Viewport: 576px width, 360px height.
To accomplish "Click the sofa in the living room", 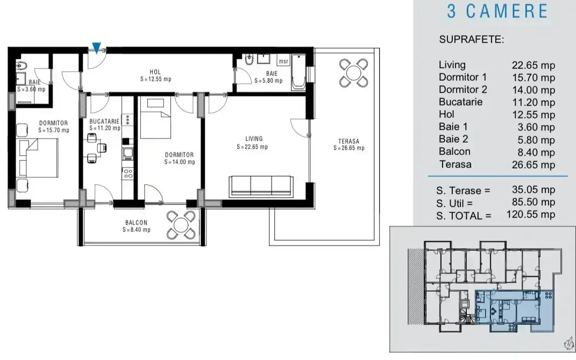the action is (261, 185).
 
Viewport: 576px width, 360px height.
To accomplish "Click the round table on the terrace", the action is (353, 73).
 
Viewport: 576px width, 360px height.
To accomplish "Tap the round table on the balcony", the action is (181, 225).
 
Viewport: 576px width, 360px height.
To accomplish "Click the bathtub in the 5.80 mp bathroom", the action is (298, 73).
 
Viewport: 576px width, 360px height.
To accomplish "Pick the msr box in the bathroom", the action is (283, 61).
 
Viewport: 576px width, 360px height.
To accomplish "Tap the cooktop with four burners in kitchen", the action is (128, 173).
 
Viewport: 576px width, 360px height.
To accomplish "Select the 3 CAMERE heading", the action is (498, 11).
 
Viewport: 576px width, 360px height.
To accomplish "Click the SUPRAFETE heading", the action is (472, 39).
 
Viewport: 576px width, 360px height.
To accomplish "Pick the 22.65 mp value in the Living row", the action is (534, 65).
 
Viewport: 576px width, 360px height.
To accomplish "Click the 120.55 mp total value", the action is (531, 214).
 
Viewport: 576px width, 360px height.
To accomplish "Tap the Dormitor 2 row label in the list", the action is (463, 90).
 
